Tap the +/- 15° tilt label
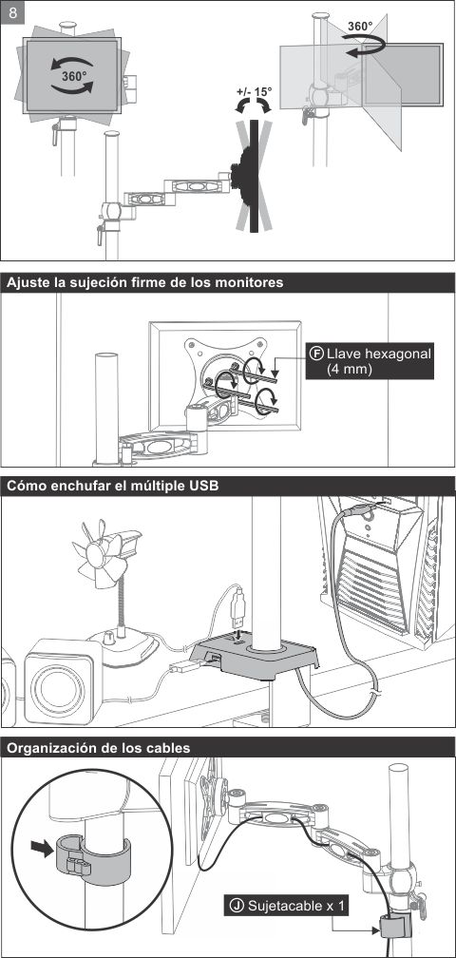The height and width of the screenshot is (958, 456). click(254, 92)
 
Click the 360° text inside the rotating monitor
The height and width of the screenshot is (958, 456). click(74, 76)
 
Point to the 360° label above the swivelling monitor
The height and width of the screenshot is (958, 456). click(359, 27)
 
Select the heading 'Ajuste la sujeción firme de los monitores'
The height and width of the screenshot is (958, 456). click(144, 283)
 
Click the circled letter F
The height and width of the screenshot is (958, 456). click(316, 354)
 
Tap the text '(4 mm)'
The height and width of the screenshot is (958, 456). click(350, 370)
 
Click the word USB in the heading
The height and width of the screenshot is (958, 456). click(206, 487)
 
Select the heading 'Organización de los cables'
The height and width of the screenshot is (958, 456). click(98, 748)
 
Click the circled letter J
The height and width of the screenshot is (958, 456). click(237, 906)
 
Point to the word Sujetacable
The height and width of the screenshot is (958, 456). click(286, 906)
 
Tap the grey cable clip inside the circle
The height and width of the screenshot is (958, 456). click(90, 858)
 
